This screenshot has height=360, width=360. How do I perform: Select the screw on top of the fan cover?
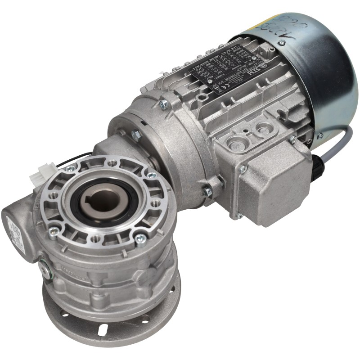(281, 43)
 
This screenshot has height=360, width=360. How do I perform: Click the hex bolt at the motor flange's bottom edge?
(207, 192)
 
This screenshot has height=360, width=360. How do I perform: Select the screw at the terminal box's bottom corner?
(240, 216)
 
